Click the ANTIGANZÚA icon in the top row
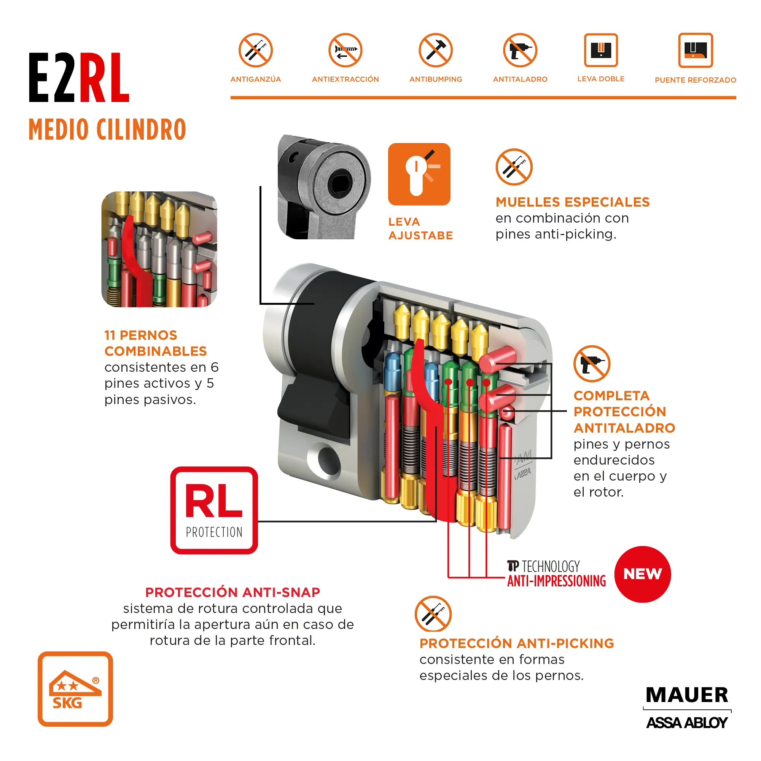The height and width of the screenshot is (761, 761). pos(256,51)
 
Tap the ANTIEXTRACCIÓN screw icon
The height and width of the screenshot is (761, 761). pos(345,51)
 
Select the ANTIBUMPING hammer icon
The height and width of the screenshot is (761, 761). pos(436,51)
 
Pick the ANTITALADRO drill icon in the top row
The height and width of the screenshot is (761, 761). pos(520,51)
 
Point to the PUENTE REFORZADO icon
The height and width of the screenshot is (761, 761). pos(695,51)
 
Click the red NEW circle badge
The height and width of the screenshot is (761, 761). pos(642,574)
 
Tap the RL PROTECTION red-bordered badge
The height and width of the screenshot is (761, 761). pos(214,510)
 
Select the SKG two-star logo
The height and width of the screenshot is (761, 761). pos(75,689)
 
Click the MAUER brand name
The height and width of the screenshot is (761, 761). pos(687,695)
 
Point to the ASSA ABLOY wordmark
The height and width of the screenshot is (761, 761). pos(687,723)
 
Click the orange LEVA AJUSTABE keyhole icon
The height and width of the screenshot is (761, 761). pos(419,174)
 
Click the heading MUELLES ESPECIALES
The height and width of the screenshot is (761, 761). pos(572,202)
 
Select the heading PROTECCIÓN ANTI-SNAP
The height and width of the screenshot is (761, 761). pos(232,592)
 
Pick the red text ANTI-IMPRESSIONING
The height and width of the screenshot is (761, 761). pos(556,581)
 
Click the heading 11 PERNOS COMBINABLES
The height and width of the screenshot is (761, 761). pos(155,343)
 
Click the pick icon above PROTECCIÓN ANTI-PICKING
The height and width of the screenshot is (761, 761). pos(433,614)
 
